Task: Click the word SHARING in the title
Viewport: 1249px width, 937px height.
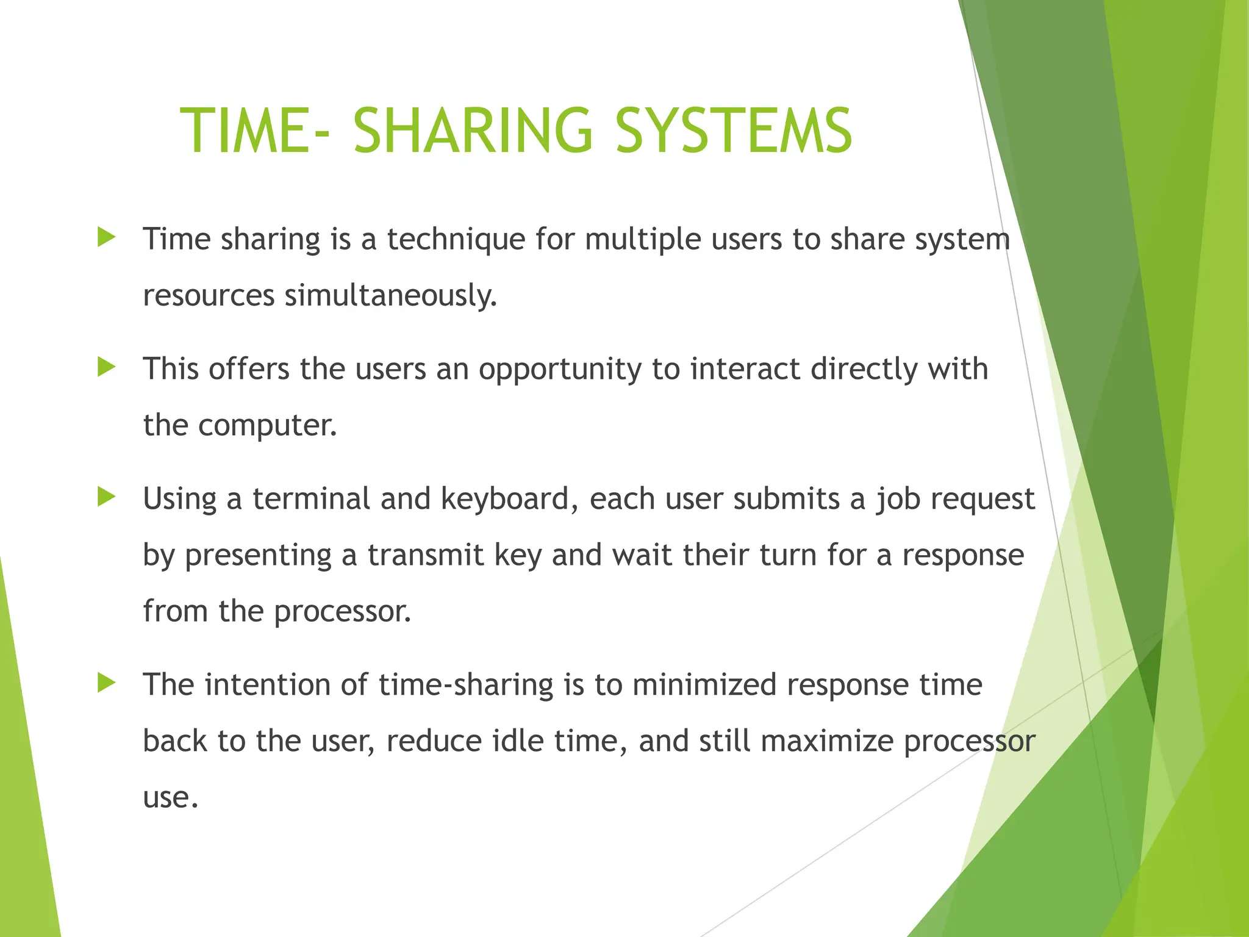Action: pos(473,131)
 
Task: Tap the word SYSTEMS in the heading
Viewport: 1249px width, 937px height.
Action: pos(734,131)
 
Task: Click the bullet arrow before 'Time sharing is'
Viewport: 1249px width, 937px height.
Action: pos(106,237)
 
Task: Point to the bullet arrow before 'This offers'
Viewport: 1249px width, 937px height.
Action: pos(106,367)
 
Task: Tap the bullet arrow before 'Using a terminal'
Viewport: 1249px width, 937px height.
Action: pos(106,497)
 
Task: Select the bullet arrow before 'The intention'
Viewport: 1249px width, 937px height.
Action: pos(106,683)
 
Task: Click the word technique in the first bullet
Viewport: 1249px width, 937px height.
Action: pos(456,239)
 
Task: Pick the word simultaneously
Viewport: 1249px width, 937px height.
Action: pos(391,296)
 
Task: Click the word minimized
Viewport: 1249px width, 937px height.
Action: pos(704,685)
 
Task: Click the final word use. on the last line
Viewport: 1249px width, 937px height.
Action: pos(171,798)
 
